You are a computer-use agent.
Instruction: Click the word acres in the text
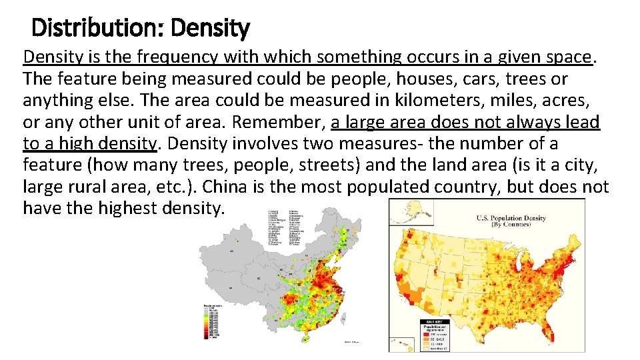click(569, 101)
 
